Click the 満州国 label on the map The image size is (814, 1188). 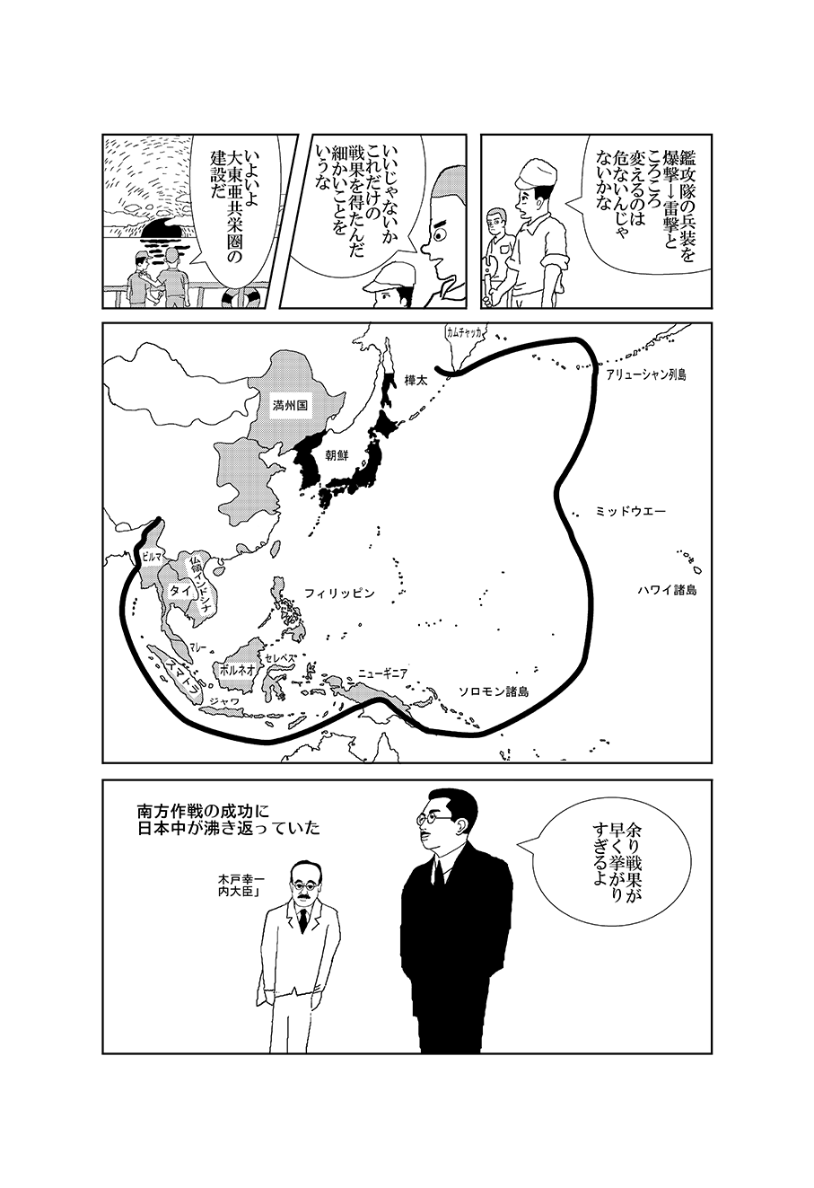click(290, 406)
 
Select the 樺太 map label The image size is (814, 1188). click(416, 381)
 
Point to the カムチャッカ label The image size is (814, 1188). click(464, 332)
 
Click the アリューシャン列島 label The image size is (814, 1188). click(646, 375)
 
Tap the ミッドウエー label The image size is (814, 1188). click(631, 512)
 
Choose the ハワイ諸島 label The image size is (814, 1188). click(667, 590)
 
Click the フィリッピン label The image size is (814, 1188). click(340, 593)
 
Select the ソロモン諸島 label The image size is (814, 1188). click(494, 691)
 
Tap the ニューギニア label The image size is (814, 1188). click(382, 674)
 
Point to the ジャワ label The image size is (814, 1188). click(224, 701)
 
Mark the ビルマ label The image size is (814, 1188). click(150, 557)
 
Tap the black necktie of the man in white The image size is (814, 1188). click(302, 920)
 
